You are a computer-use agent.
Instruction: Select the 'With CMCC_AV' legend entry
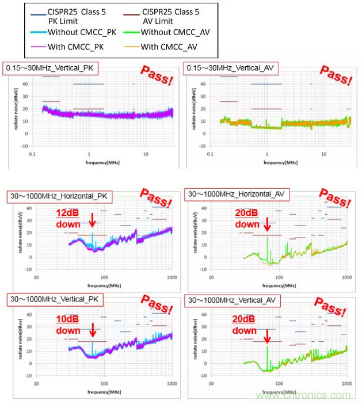pos(169,47)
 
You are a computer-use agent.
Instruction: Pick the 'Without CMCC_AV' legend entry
pos(176,33)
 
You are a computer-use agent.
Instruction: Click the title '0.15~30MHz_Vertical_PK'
pos(51,68)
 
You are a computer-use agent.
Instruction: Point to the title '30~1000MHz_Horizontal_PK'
pos(60,196)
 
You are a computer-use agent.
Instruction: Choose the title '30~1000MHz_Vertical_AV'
pos(232,300)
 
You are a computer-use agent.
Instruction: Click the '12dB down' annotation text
pos(68,219)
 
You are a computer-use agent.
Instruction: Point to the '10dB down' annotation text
pos(68,326)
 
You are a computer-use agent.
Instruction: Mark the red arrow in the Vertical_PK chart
pos(92,330)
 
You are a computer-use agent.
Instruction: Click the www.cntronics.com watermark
pos(303,395)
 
